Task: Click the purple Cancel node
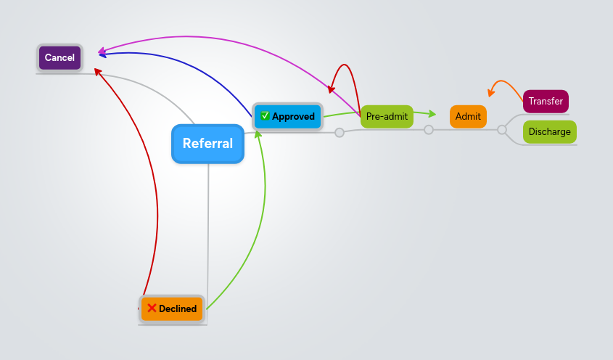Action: (59, 58)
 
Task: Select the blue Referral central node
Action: (207, 144)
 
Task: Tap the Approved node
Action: (287, 116)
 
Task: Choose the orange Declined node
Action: (172, 308)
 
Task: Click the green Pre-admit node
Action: (387, 116)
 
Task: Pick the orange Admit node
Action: (468, 116)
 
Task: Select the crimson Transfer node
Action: (546, 102)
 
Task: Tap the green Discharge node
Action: (549, 132)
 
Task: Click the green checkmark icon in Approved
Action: (266, 116)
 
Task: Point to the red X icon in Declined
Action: (152, 308)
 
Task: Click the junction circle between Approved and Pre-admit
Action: (339, 133)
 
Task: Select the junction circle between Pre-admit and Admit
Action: (429, 130)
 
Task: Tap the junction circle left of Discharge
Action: (501, 130)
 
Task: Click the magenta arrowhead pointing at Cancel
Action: (102, 51)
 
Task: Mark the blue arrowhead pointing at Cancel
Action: (102, 55)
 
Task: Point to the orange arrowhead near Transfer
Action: (491, 93)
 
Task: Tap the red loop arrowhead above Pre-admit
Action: (331, 90)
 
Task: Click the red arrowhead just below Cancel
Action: (98, 71)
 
